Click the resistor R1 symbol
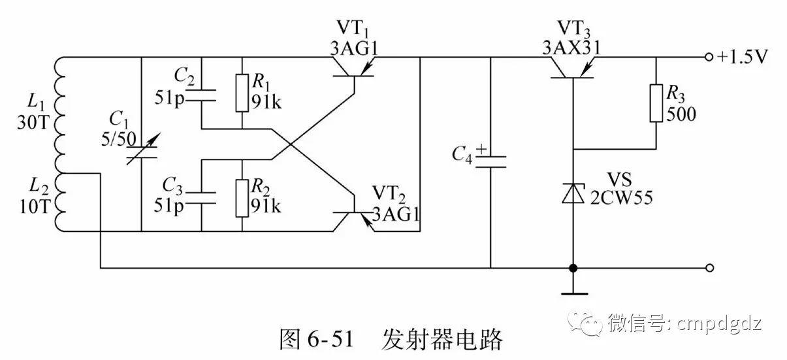pyautogui.click(x=242, y=92)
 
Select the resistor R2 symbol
pyautogui.click(x=242, y=197)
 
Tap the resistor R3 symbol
pyautogui.click(x=656, y=103)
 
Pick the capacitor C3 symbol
pyautogui.click(x=202, y=197)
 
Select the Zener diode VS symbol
pyautogui.click(x=573, y=193)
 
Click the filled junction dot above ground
pyautogui.click(x=573, y=268)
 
